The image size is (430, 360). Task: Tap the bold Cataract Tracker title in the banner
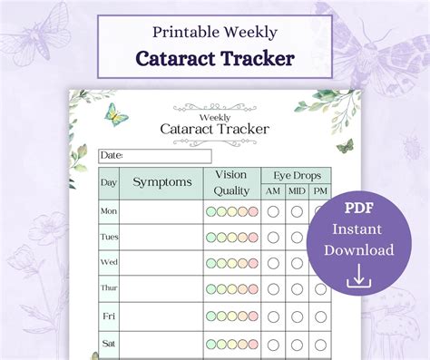click(214, 58)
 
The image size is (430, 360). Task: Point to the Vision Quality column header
click(231, 182)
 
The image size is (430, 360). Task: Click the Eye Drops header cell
click(296, 175)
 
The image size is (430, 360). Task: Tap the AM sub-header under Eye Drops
click(272, 191)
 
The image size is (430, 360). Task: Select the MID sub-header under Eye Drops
click(297, 191)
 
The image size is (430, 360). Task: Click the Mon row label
click(109, 212)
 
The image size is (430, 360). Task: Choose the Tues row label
click(109, 238)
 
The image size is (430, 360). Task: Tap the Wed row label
click(109, 263)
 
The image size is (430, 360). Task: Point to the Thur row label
click(109, 289)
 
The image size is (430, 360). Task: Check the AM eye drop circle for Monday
click(272, 212)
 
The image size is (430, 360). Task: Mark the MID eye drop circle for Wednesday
click(297, 263)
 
